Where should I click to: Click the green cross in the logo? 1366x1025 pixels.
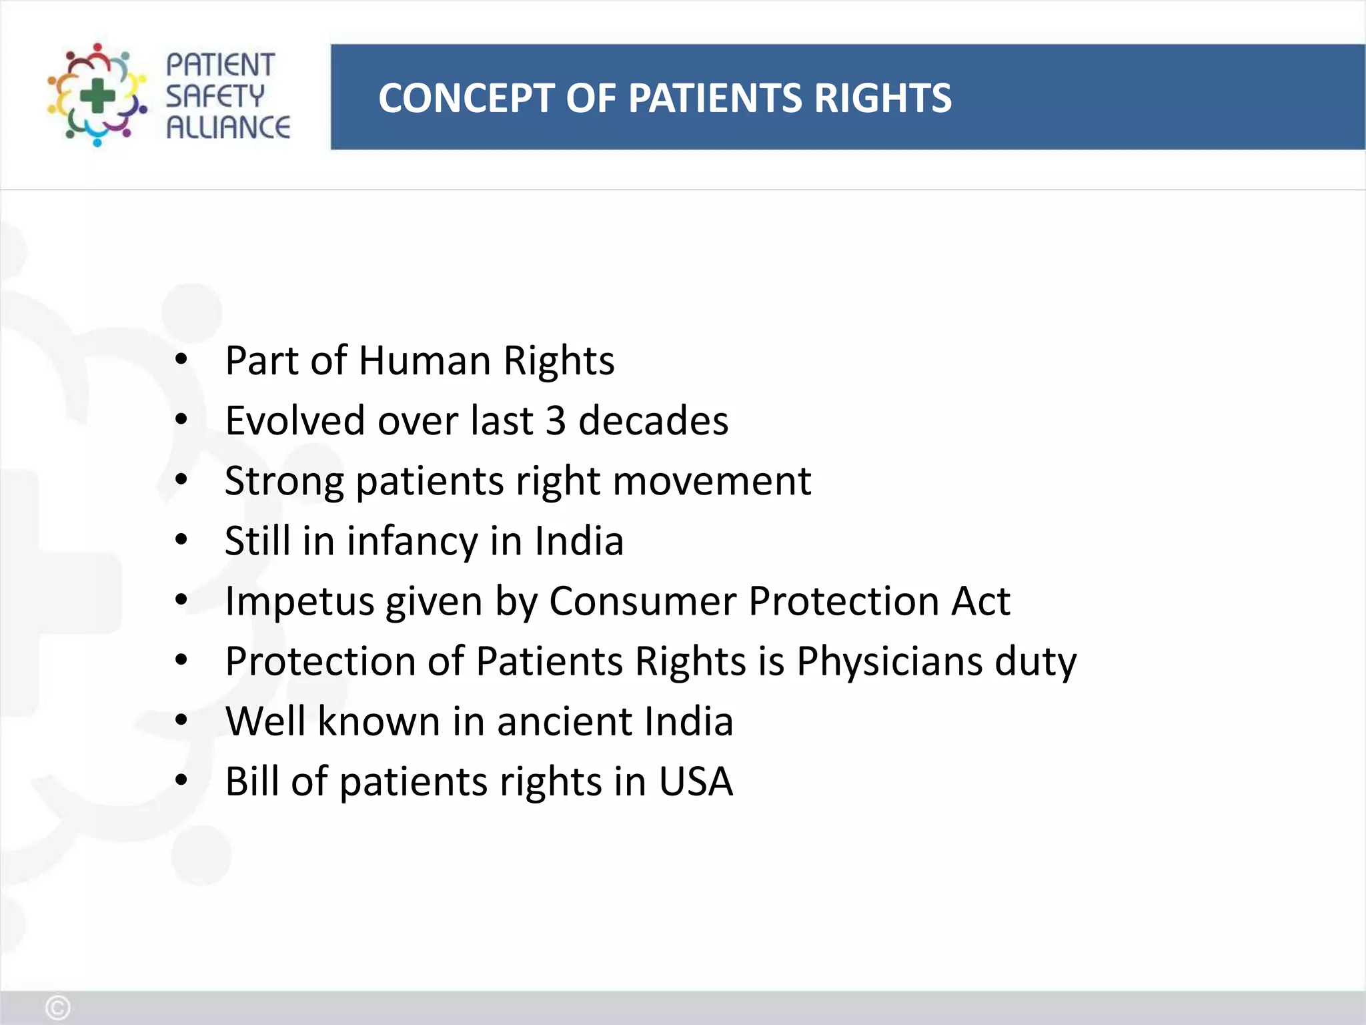pos(97,95)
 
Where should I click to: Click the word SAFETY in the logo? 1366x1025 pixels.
pos(215,96)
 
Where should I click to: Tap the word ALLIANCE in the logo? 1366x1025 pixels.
pos(228,127)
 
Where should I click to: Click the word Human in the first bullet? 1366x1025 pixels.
pos(425,361)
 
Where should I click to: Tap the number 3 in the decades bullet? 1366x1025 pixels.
pos(556,421)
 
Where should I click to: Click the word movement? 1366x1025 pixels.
pos(712,481)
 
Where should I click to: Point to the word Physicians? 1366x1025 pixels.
pos(889,661)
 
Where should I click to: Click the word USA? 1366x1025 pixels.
pos(696,781)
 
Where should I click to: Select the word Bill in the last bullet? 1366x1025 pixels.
pos(251,781)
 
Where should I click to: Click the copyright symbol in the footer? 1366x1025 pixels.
pos(57,1008)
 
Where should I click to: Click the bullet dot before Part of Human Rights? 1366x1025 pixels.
pos(181,360)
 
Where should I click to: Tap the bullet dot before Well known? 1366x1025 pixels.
pos(181,721)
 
